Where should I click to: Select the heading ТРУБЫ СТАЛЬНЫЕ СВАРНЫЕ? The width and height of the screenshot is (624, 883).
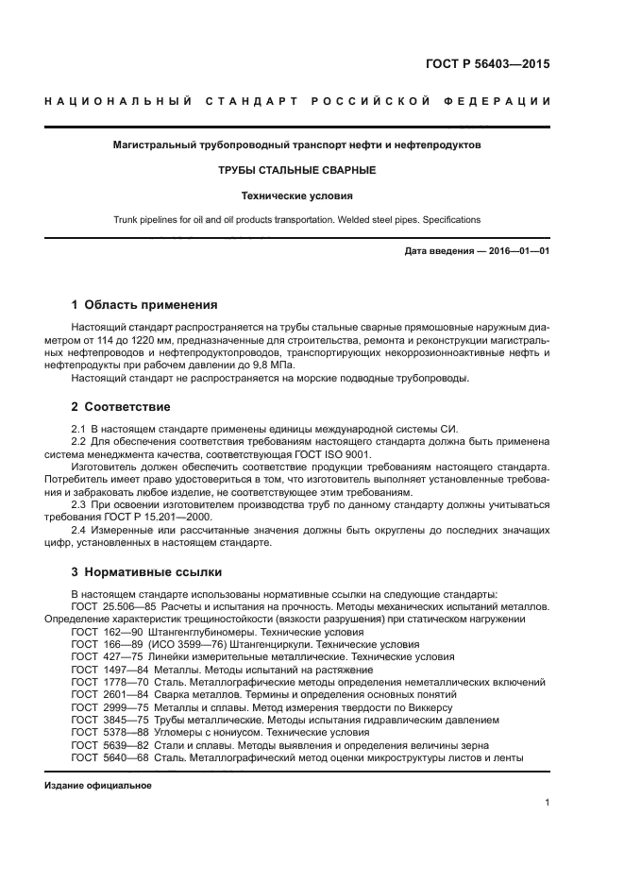(x=296, y=171)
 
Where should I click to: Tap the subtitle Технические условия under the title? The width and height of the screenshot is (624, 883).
(x=296, y=196)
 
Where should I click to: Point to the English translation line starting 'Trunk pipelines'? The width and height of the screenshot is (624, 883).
(x=296, y=220)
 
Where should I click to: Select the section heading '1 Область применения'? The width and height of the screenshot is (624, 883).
(x=144, y=305)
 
